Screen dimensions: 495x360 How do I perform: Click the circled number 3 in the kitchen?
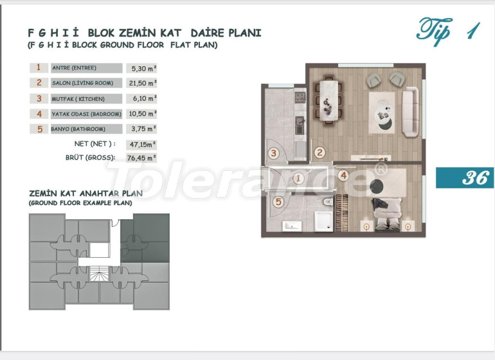click(x=274, y=154)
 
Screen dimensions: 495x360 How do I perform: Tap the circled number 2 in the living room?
click(x=319, y=153)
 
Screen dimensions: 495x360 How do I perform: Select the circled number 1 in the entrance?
click(x=298, y=179)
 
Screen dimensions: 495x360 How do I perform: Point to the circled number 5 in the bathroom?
click(x=278, y=201)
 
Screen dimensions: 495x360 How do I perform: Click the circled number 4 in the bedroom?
click(x=343, y=175)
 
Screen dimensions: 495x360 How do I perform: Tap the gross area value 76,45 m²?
click(x=141, y=158)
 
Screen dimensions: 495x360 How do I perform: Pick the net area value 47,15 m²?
click(x=143, y=144)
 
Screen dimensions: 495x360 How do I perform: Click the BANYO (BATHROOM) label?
click(x=78, y=129)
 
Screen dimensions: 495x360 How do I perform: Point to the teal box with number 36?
click(x=465, y=177)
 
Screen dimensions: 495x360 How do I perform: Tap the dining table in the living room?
click(x=328, y=100)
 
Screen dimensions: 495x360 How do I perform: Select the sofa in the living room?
click(x=410, y=112)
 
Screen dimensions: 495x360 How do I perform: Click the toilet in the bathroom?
click(x=328, y=201)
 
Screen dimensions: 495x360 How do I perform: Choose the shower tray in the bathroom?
click(x=323, y=221)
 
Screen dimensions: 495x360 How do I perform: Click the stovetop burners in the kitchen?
click(x=300, y=97)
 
